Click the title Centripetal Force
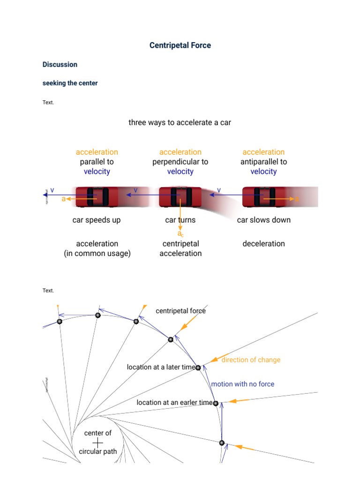coord(180,45)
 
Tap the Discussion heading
coord(60,65)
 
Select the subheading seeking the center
coord(70,83)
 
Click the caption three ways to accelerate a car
coord(180,123)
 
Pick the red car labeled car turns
coord(180,197)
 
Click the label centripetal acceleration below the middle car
coord(180,248)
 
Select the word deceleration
coord(263,244)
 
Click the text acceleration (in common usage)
coord(97,248)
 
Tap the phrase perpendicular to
coord(180,162)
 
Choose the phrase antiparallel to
coord(263,162)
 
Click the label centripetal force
coord(180,311)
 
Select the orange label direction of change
coord(251,360)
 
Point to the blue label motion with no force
coord(243,384)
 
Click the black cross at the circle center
coord(98,442)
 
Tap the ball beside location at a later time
coord(198,368)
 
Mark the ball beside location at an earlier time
coord(216,403)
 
